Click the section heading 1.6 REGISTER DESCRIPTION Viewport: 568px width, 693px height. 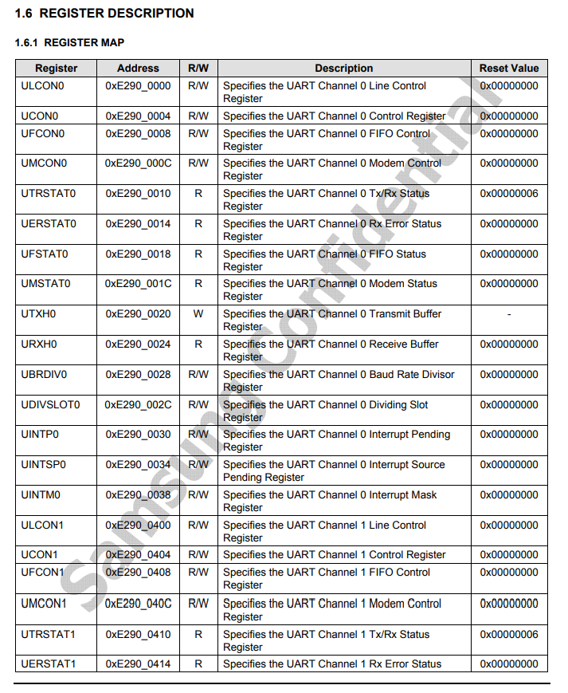(104, 14)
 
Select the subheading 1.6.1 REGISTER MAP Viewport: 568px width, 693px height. (69, 42)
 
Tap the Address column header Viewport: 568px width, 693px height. (138, 69)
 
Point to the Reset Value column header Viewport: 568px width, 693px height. (508, 69)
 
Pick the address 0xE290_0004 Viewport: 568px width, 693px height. (138, 116)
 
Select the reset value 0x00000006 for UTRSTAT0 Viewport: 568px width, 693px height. (508, 194)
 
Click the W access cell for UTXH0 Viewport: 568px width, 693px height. (198, 314)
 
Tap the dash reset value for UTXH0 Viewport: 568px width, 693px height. (508, 314)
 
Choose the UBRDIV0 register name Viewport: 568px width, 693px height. (44, 375)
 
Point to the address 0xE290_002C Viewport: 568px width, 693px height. (138, 405)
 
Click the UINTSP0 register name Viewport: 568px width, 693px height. (44, 465)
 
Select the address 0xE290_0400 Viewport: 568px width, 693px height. (138, 526)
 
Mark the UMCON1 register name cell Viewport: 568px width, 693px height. (44, 604)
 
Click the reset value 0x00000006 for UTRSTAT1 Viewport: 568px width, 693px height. (508, 635)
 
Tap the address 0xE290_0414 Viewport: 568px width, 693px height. (138, 664)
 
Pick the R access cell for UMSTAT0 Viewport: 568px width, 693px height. (198, 284)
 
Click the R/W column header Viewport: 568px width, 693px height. (198, 69)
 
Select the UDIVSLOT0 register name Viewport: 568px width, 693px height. (50, 405)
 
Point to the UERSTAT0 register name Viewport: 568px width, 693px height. (49, 224)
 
